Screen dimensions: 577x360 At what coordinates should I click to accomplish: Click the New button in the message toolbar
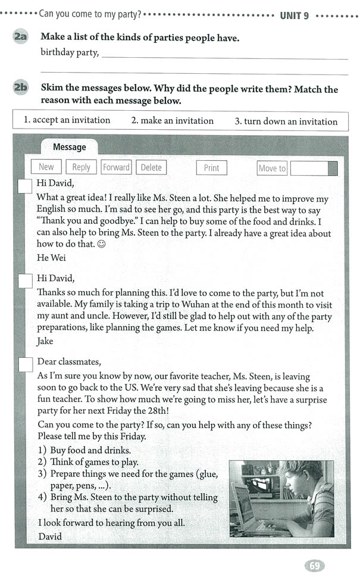[x=46, y=167]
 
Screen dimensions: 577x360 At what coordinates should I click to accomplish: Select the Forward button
[x=116, y=167]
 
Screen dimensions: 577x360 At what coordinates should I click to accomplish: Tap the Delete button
[x=151, y=167]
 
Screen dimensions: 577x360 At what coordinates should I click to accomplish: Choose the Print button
[x=211, y=168]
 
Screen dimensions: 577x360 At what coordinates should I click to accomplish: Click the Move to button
[x=272, y=169]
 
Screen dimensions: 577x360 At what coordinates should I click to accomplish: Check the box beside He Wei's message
[x=25, y=186]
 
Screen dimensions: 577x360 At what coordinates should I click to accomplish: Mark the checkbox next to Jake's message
[x=25, y=281]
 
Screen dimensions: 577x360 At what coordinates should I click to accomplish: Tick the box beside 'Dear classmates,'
[x=25, y=364]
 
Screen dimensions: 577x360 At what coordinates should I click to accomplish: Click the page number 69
[x=314, y=565]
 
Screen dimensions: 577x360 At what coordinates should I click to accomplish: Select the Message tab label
[x=69, y=147]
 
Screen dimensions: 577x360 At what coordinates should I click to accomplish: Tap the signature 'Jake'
[x=45, y=341]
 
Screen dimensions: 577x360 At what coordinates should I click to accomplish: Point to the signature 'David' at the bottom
[x=50, y=536]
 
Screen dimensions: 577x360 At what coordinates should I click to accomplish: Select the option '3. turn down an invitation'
[x=286, y=121]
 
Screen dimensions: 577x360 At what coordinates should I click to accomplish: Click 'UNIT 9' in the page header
[x=294, y=15]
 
